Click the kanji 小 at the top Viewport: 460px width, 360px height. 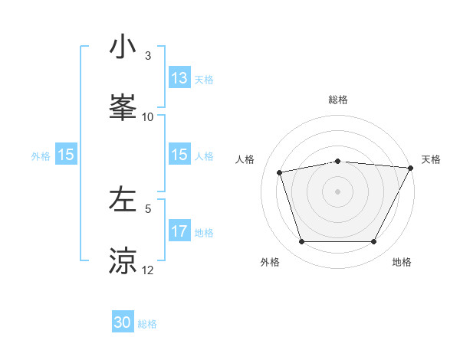point(123,47)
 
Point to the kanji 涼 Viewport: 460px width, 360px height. point(123,260)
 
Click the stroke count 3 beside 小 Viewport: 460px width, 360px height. point(148,56)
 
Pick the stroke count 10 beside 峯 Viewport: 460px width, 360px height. point(148,117)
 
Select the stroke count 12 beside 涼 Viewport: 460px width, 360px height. point(148,270)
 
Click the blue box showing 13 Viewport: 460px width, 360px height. point(179,78)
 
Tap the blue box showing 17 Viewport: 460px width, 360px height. point(179,231)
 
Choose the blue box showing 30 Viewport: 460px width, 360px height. point(123,322)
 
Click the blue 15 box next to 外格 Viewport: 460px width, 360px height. point(66,155)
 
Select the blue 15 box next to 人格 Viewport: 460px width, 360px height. point(179,155)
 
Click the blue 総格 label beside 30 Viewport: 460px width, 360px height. point(147,324)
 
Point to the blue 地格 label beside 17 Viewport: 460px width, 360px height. point(204,233)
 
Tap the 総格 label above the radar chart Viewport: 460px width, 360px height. point(337,100)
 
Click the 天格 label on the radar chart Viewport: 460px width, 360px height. point(431,159)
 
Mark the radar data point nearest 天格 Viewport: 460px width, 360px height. point(411,168)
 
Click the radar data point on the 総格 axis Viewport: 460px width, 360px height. point(337,161)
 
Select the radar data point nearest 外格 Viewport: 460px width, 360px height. point(301,242)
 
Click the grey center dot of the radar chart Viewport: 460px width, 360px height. point(337,191)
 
